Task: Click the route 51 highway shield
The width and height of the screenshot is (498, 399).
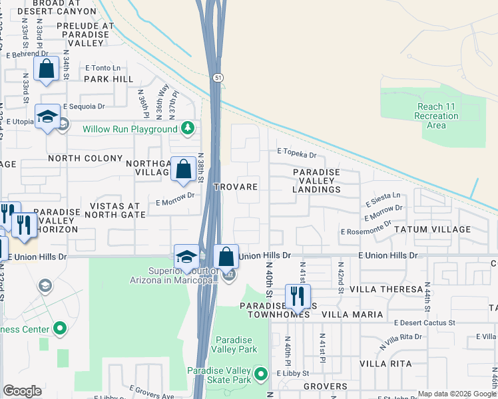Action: point(218,78)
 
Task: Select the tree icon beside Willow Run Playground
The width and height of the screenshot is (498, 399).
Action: point(188,128)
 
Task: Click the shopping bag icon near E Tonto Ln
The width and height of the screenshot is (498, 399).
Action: point(47,68)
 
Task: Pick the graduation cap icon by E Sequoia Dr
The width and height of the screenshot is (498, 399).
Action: point(48,118)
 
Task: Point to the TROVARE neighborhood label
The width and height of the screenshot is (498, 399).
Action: point(235,187)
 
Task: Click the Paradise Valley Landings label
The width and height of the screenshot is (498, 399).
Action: point(317,180)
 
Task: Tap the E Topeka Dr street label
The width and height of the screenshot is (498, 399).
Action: point(296,154)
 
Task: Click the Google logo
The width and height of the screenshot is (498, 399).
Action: point(22,391)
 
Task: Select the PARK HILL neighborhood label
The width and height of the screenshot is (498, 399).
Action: point(109,78)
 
